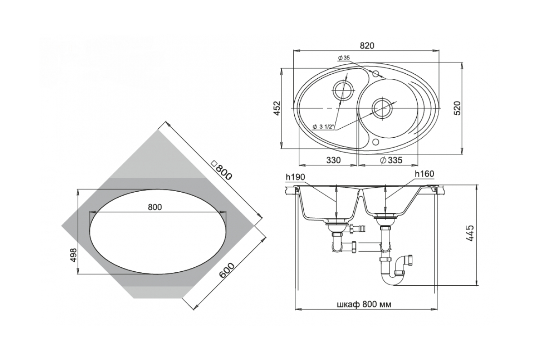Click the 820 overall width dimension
click(367, 46)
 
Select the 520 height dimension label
click(457, 108)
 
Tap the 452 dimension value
click(278, 108)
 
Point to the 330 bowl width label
click(333, 160)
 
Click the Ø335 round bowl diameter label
click(391, 160)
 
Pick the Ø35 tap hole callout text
click(344, 58)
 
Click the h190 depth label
click(295, 177)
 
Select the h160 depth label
click(424, 174)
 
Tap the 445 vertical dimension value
click(470, 233)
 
